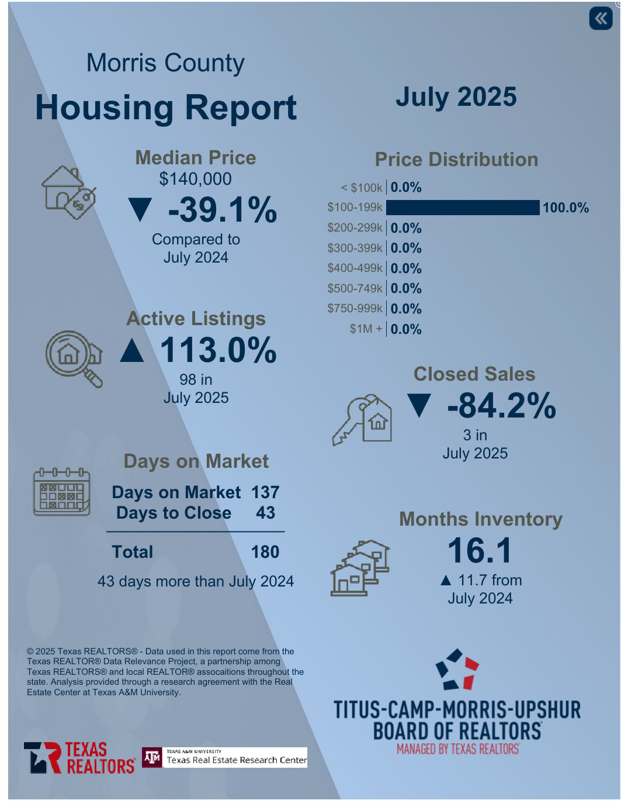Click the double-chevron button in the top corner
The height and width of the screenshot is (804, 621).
601,19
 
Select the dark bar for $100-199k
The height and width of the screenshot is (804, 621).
463,208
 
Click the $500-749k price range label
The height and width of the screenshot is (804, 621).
355,288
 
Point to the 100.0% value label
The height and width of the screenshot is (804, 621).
566,208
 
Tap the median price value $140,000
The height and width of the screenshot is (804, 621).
195,179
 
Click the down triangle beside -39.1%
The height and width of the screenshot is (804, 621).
140,210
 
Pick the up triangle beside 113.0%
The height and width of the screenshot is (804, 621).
132,350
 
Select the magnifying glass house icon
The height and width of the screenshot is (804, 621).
74,358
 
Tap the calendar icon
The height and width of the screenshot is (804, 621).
62,492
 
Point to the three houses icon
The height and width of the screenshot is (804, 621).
360,567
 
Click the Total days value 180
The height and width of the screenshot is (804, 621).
265,552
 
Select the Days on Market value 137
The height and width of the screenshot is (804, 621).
265,492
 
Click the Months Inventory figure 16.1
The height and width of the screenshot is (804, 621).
480,551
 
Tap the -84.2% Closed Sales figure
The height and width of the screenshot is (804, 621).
501,406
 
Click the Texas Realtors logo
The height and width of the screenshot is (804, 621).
79,758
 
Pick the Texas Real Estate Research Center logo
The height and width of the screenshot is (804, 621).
225,758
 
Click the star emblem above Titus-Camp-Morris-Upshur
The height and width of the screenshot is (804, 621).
457,670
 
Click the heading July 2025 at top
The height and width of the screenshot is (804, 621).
456,97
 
